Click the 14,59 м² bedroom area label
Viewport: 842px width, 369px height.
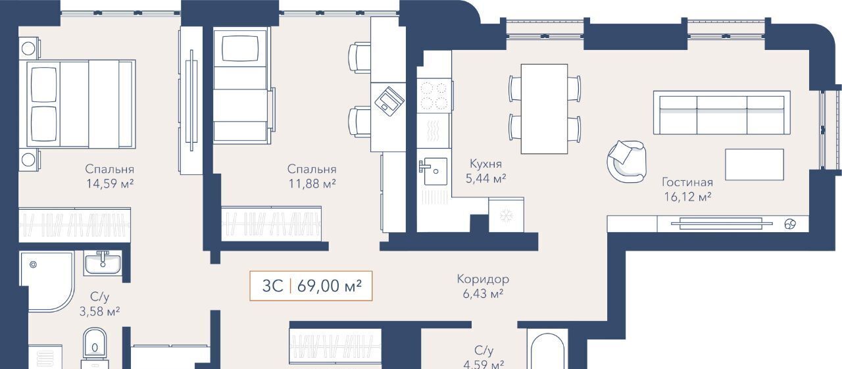pos(110,184)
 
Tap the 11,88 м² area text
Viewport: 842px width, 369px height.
pos(312,184)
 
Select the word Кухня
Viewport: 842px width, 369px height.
pos(485,164)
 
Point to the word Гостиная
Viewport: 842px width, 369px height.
pos(687,182)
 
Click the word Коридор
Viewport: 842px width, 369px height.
pos(483,279)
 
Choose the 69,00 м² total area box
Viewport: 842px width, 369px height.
pos(311,286)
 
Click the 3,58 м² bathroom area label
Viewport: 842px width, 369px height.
pos(99,312)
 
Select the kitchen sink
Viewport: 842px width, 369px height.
pos(433,171)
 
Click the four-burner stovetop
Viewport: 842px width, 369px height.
pos(433,95)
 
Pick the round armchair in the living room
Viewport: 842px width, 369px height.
pos(627,162)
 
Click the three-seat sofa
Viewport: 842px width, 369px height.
pos(722,112)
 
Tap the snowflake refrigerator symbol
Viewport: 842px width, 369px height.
pos(507,215)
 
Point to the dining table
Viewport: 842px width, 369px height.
pos(544,109)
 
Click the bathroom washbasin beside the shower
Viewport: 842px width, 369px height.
pos(103,264)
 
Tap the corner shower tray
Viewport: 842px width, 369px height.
pos(47,282)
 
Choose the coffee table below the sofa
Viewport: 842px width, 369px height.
pos(755,164)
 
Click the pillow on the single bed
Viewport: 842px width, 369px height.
pos(240,48)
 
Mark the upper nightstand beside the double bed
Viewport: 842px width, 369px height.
pos(28,48)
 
